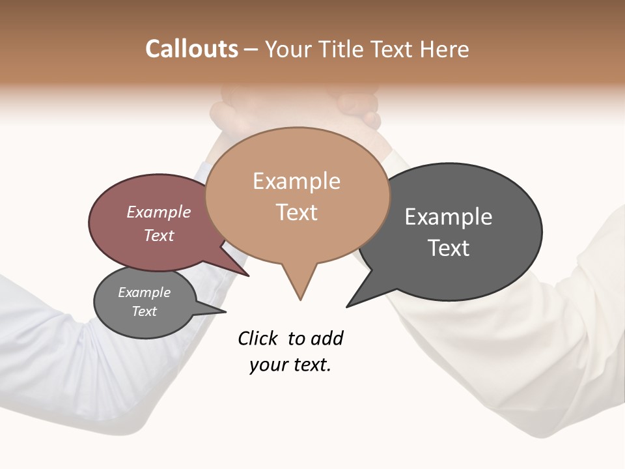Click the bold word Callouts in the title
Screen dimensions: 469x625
[x=192, y=49]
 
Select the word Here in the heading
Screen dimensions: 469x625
[x=444, y=49]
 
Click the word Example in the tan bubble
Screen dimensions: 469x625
[x=296, y=181]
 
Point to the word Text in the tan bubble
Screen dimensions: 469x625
[x=296, y=212]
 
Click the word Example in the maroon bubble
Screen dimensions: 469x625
[x=159, y=212]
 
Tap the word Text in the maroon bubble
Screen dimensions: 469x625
[x=159, y=235]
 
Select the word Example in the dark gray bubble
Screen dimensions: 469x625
[x=449, y=217]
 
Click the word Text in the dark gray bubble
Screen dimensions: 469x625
[x=449, y=248]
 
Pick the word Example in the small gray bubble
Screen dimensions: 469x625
[x=144, y=292]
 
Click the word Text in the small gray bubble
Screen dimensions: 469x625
[x=144, y=311]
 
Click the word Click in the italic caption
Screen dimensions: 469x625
[x=258, y=338]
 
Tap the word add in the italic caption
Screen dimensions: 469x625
[x=327, y=338]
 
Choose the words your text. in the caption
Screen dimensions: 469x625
[x=290, y=365]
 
